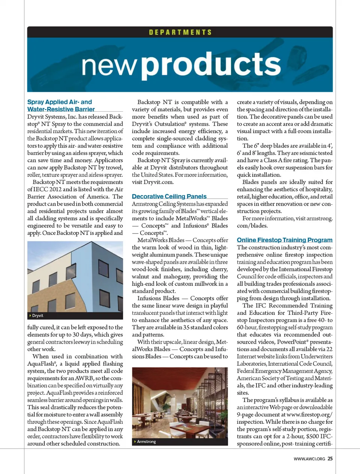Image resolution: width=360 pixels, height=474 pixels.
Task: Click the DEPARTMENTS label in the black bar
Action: (180, 32)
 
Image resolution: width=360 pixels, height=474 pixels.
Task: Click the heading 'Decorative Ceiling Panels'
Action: (169, 196)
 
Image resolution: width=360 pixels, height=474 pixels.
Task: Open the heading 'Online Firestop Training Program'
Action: (284, 240)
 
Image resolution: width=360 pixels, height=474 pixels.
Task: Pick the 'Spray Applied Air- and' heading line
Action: (60, 102)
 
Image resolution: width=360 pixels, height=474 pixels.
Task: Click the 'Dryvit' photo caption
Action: (37, 316)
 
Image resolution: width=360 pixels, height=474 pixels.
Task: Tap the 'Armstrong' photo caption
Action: (146, 442)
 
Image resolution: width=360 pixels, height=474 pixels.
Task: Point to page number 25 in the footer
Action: (330, 459)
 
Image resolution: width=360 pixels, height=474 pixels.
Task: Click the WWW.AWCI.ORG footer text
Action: (309, 459)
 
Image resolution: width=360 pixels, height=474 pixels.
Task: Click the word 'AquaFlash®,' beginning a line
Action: (42, 364)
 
